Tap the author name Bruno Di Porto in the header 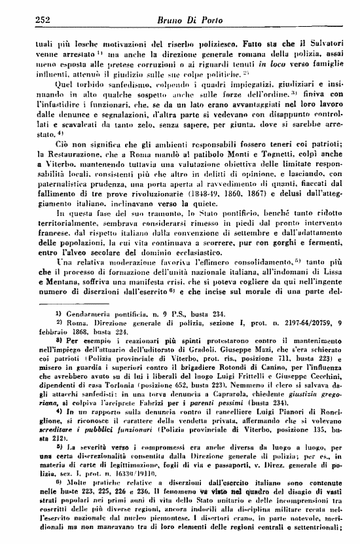186,9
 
